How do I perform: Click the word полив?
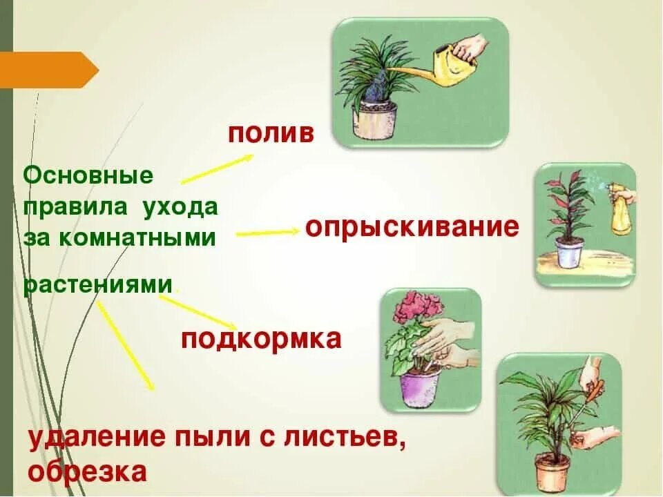pyautogui.click(x=271, y=133)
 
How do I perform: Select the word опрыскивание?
pyautogui.click(x=412, y=227)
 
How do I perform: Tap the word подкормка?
pyautogui.click(x=262, y=340)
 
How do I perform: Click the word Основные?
pyautogui.click(x=88, y=175)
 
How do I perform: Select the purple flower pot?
pyautogui.click(x=421, y=388)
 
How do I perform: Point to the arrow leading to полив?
pyautogui.click(x=218, y=168)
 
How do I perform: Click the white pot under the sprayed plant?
pyautogui.click(x=569, y=253)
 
